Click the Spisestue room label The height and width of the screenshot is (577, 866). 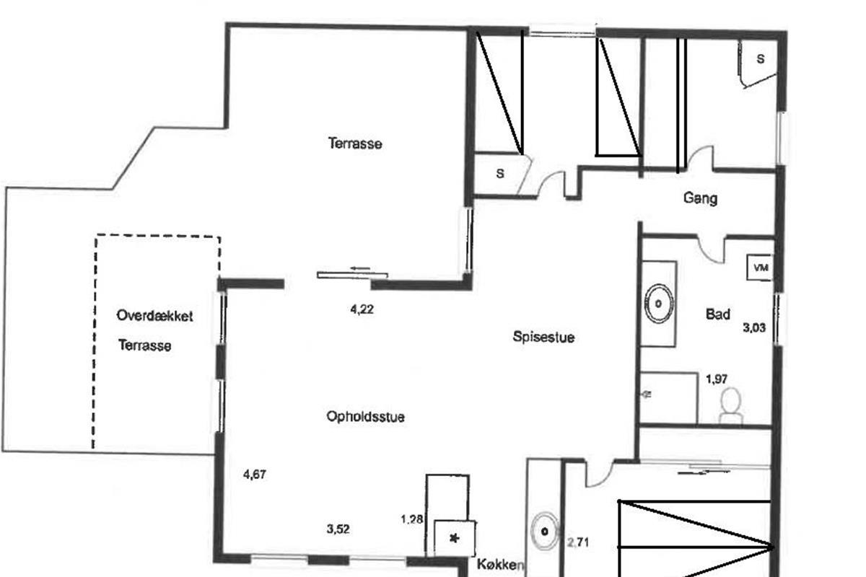(543, 336)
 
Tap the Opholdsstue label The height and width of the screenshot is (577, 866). (365, 416)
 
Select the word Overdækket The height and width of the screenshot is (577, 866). (154, 316)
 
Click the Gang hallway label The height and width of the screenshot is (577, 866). (700, 198)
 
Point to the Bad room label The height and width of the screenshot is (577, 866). (717, 314)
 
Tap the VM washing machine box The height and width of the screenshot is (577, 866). (760, 268)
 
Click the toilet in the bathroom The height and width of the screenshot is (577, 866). (731, 405)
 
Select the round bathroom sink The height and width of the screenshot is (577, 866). (658, 303)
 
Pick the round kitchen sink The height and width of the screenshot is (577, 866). (545, 532)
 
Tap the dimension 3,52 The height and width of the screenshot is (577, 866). (338, 529)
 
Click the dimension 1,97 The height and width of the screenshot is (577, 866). (717, 379)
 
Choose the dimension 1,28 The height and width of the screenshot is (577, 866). (411, 518)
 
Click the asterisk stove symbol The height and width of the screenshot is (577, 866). (454, 538)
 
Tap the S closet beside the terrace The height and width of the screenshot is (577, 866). (500, 173)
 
